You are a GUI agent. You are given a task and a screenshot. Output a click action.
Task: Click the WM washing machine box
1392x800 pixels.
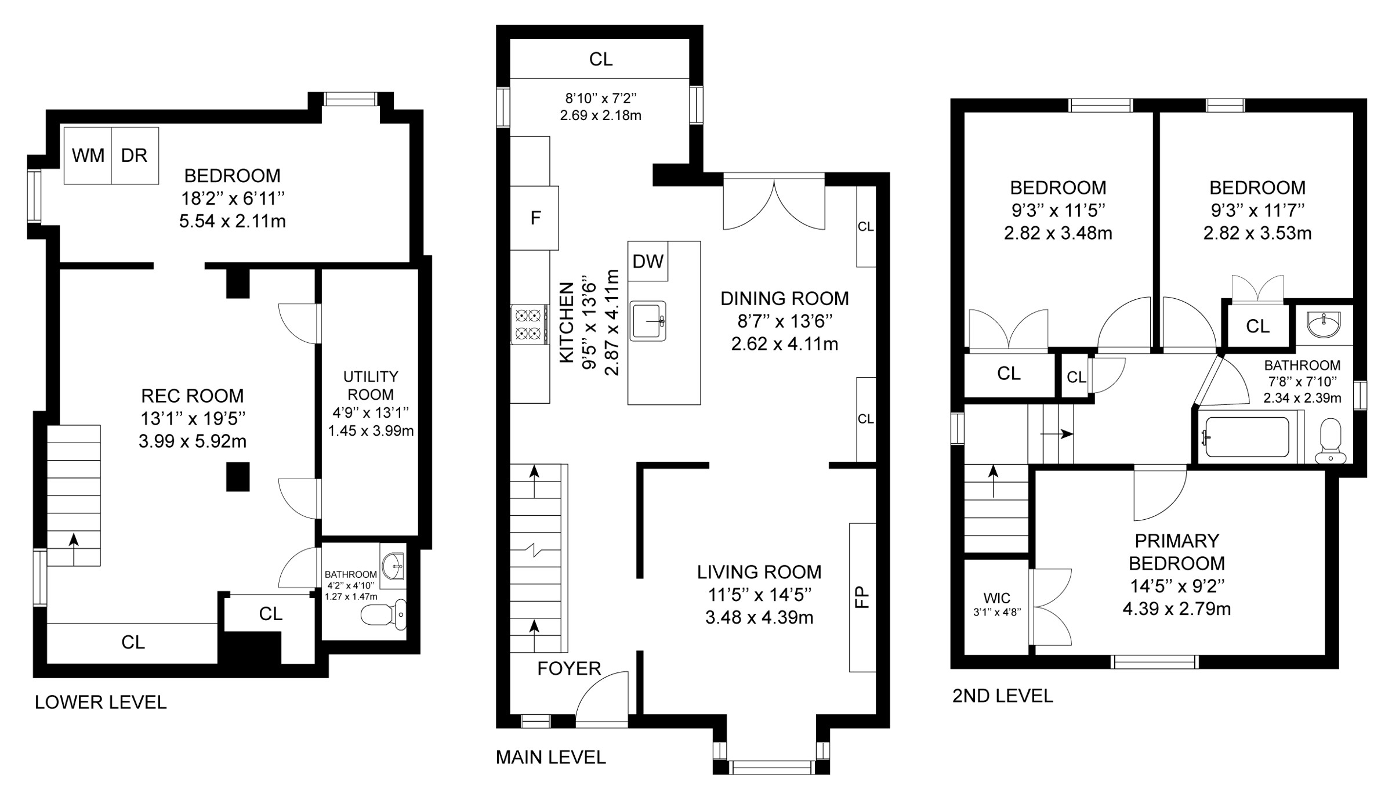pos(88,155)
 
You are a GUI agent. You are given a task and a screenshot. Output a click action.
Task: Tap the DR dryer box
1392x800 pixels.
pos(135,155)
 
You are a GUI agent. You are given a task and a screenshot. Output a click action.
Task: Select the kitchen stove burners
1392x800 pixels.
pos(530,324)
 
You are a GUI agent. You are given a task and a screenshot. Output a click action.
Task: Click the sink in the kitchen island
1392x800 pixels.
pos(648,320)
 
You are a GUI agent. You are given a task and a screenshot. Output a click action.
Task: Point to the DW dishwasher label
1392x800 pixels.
pos(648,262)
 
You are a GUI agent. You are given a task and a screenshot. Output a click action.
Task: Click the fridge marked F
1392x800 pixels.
pos(535,218)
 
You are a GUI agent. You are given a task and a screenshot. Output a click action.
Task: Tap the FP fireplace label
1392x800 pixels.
pos(863,597)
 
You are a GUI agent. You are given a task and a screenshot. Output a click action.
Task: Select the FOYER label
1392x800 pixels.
pos(569,668)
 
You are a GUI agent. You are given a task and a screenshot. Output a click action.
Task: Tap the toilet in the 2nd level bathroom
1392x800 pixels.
pos(1331,441)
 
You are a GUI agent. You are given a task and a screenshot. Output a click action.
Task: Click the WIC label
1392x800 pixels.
pos(997,598)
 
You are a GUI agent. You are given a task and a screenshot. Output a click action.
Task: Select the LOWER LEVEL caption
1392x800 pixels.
pos(100,702)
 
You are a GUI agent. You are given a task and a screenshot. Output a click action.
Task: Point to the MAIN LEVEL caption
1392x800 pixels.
pos(550,757)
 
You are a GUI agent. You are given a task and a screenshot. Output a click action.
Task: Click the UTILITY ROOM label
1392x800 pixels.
pos(371,385)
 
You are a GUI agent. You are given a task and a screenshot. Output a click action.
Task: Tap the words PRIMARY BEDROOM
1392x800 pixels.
pos(1177,552)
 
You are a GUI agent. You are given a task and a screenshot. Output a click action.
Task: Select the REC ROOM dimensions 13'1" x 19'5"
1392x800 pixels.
pos(193,418)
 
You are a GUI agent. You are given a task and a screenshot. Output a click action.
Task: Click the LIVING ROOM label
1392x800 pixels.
pos(759,572)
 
